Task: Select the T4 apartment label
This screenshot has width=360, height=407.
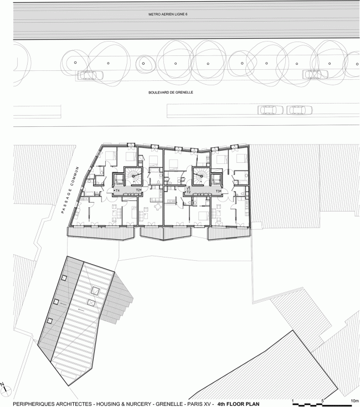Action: tap(117, 190)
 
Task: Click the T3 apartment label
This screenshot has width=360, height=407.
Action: tap(218, 190)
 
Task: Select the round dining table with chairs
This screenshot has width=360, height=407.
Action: tap(159, 207)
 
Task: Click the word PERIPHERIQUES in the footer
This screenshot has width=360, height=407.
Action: tap(36, 404)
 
